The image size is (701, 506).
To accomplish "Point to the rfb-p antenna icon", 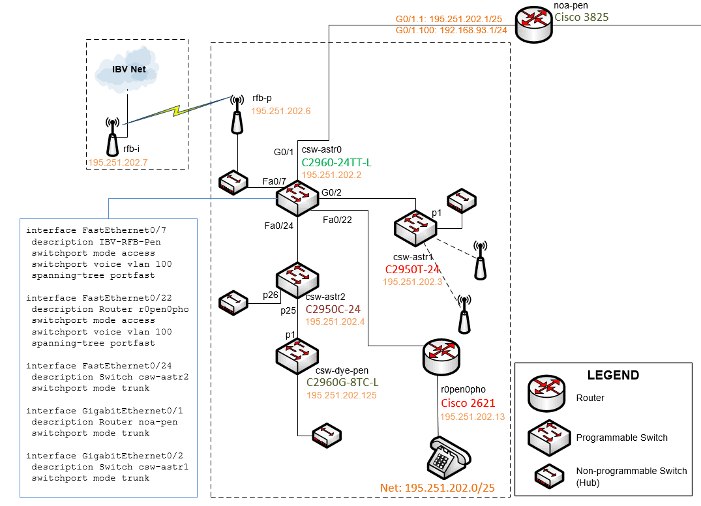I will click(x=237, y=114).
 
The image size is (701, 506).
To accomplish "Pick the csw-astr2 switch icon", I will click(x=297, y=278).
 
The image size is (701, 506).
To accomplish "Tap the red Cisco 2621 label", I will click(x=468, y=403).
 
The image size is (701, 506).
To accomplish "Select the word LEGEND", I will click(x=613, y=375).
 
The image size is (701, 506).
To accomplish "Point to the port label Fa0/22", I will click(x=337, y=220).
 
